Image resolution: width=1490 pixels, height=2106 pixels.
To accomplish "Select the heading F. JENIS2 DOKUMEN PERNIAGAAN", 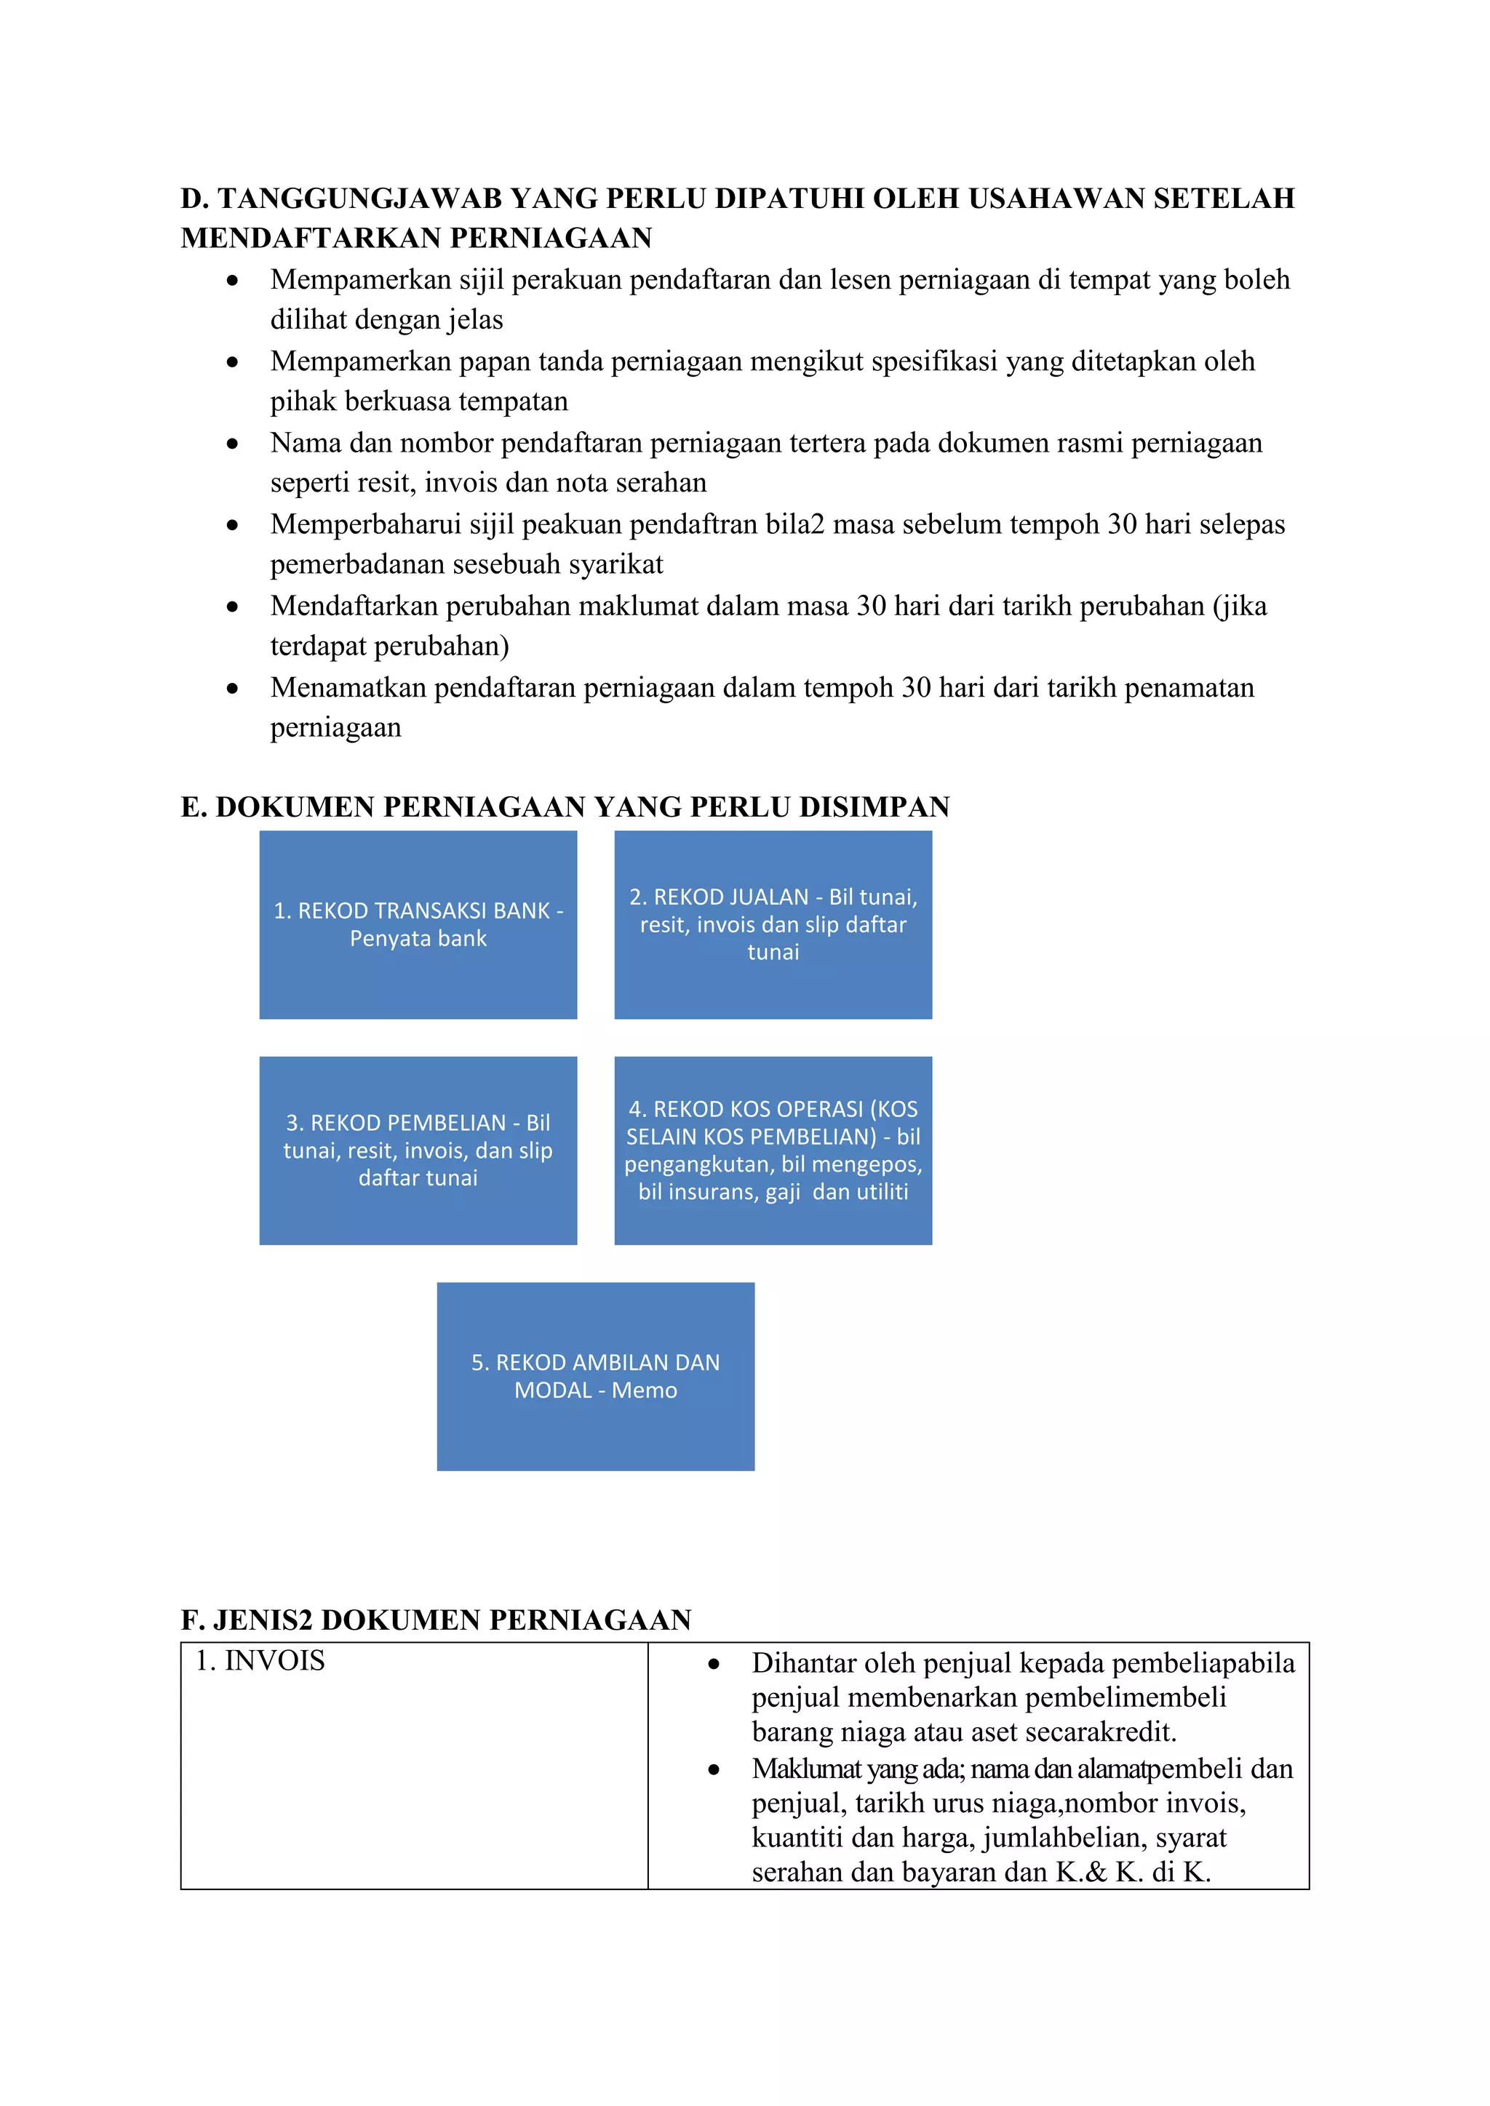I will (x=436, y=1619).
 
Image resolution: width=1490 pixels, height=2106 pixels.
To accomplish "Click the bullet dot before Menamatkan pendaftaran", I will (x=233, y=688).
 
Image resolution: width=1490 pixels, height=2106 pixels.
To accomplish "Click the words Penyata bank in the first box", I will (x=418, y=938).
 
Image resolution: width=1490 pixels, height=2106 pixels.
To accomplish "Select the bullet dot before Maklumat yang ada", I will (x=714, y=1770).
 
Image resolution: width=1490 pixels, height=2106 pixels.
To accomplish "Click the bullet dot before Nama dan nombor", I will (x=233, y=444).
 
